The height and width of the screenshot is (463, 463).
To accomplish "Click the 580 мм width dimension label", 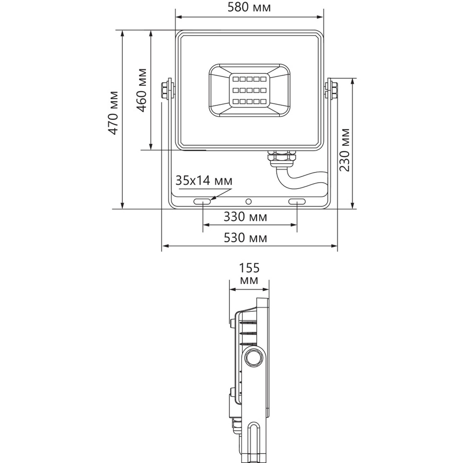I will pyautogui.click(x=249, y=7).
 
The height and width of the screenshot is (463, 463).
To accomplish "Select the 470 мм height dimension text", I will pyautogui.click(x=113, y=113).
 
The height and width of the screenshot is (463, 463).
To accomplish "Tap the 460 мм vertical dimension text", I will pyautogui.click(x=142, y=90).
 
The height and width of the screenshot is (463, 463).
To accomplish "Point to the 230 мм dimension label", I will pyautogui.click(x=344, y=150).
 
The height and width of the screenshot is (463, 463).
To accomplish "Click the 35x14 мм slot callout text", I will pyautogui.click(x=204, y=181).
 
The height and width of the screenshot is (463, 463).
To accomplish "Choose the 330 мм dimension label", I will pyautogui.click(x=245, y=217).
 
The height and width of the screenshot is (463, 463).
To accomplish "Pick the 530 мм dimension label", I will pyautogui.click(x=245, y=238).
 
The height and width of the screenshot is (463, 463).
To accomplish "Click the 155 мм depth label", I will pyautogui.click(x=249, y=274).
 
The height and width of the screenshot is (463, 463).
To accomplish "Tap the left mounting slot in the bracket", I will pyautogui.click(x=202, y=201).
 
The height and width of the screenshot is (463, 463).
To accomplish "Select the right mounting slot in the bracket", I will pyautogui.click(x=297, y=201).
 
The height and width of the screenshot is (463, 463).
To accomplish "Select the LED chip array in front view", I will pyautogui.click(x=249, y=91).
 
